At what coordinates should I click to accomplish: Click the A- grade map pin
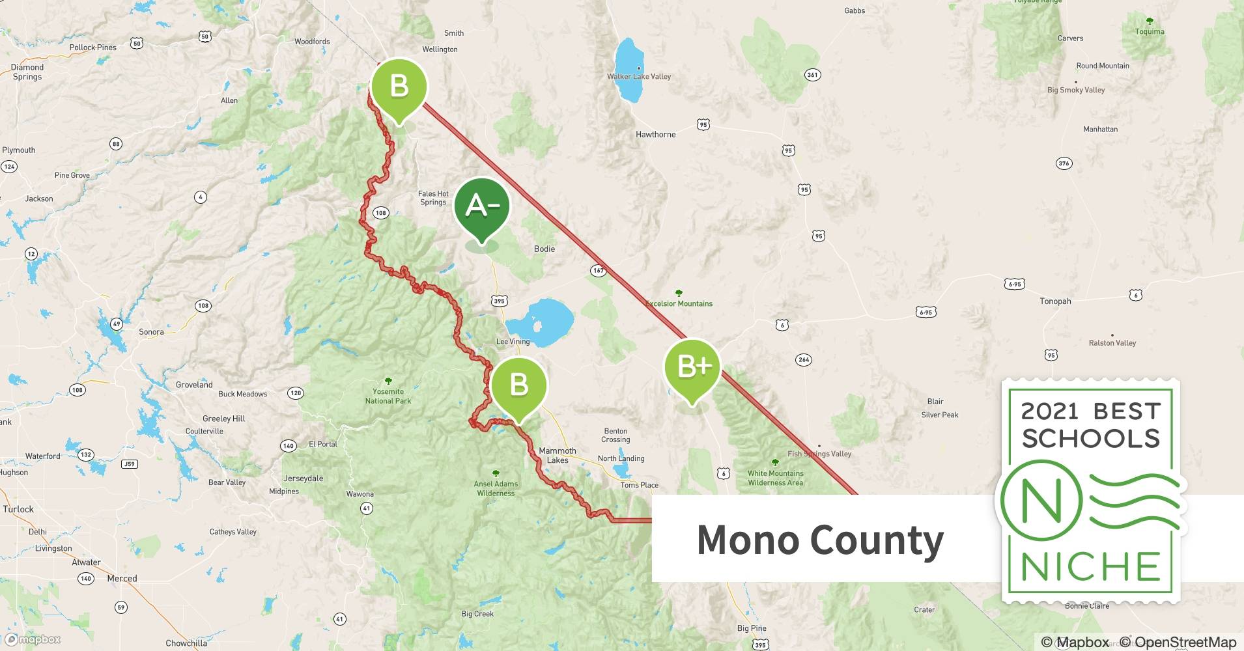[x=481, y=207]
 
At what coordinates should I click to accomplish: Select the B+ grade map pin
[x=692, y=368]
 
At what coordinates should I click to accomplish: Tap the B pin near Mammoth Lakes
[x=518, y=385]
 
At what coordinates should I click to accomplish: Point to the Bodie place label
[x=544, y=249]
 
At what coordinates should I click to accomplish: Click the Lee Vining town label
[x=513, y=341]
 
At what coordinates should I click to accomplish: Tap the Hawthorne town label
[x=655, y=134]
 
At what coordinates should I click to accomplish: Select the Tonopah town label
[x=1055, y=301]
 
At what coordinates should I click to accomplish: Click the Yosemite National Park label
[x=388, y=396]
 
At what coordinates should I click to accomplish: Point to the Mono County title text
[x=820, y=540]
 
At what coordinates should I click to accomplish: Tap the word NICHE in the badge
[x=1090, y=567]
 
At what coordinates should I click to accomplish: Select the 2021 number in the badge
[x=1049, y=411]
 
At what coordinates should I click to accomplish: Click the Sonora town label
[x=151, y=331]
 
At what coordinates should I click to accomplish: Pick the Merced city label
[x=122, y=578]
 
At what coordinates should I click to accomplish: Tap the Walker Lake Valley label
[x=638, y=76]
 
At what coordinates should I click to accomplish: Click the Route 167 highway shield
[x=598, y=270]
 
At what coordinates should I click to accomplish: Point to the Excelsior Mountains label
[x=679, y=303]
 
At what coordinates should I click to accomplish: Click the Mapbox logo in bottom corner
[x=33, y=639]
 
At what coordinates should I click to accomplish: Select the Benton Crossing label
[x=615, y=435]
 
